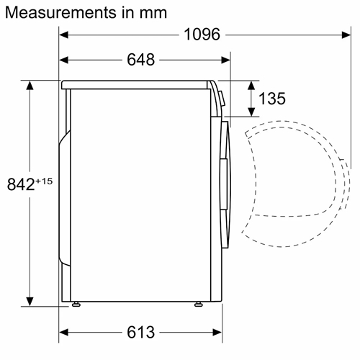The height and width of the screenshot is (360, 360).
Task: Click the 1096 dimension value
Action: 202,35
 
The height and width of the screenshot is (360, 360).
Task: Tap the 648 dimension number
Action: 140,60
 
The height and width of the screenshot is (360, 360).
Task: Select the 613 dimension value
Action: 140,333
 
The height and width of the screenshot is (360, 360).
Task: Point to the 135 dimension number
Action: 272,99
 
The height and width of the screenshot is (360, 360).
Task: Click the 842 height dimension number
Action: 21,184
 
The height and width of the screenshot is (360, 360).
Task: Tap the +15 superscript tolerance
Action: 44,181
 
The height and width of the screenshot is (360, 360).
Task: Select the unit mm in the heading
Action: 153,13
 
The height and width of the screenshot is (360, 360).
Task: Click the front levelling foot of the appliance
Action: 199,305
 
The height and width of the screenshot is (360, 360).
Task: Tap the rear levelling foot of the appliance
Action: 76,305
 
